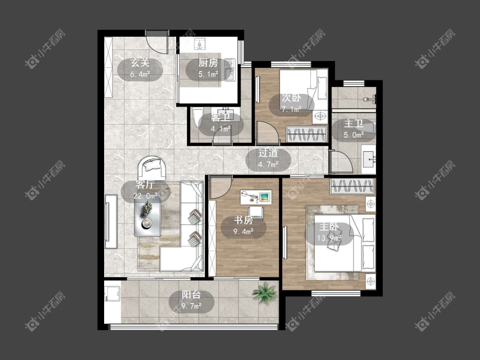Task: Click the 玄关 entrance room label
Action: (x=140, y=63)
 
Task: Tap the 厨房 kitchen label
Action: (x=208, y=63)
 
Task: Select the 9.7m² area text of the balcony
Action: (x=191, y=305)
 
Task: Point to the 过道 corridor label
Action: (x=268, y=153)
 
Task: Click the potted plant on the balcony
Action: (x=265, y=293)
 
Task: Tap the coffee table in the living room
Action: (x=148, y=219)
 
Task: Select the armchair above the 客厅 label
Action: (x=152, y=168)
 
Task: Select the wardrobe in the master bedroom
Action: (x=352, y=186)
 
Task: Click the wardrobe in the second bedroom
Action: (x=306, y=134)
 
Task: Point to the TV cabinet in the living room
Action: (x=111, y=221)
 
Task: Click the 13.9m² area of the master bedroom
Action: (x=329, y=238)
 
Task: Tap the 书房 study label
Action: (x=243, y=220)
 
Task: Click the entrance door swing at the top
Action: (x=157, y=43)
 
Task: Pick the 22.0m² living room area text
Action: (x=145, y=196)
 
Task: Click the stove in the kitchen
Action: (x=200, y=44)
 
